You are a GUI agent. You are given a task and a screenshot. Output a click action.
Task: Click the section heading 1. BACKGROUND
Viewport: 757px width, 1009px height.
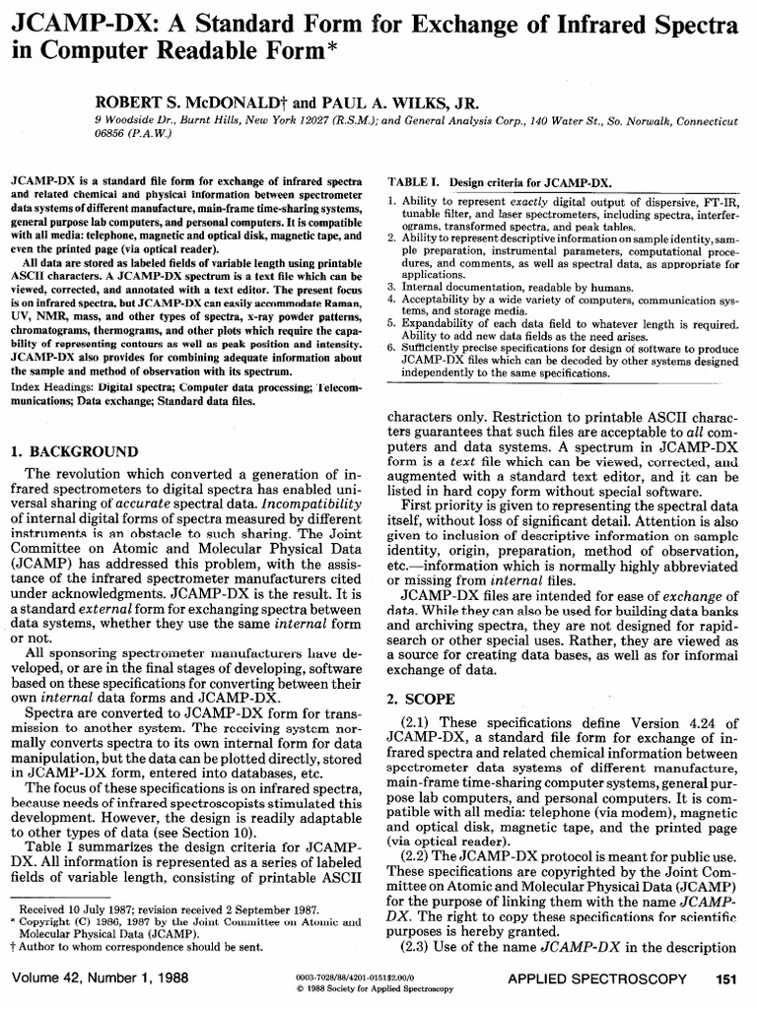[73, 451]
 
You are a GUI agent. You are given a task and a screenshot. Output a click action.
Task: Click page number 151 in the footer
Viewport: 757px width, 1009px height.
[725, 979]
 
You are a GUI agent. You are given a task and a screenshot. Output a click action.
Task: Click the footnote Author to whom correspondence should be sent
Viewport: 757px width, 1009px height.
[138, 945]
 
